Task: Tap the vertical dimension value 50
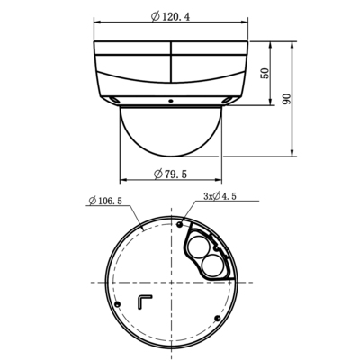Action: coord(264,73)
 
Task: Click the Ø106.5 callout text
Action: coord(106,201)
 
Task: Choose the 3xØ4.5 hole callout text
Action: coord(220,195)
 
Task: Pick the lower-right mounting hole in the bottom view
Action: coord(220,318)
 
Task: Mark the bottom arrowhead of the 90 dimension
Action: coord(296,150)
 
